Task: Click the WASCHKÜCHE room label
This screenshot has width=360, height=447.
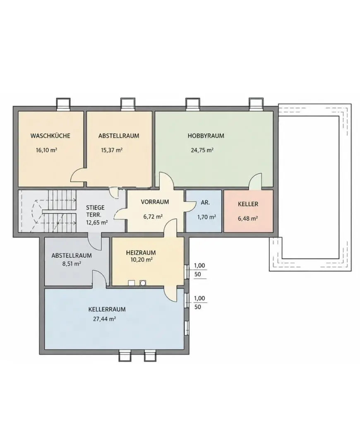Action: [x=50, y=136]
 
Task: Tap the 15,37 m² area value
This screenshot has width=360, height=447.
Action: [x=112, y=150]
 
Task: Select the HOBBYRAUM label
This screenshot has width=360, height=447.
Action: [x=206, y=136]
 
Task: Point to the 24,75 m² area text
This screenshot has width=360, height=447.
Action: [x=202, y=150]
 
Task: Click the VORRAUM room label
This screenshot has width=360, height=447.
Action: [x=155, y=202]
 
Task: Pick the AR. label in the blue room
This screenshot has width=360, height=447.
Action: [x=205, y=203]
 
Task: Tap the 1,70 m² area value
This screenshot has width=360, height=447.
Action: [x=206, y=217]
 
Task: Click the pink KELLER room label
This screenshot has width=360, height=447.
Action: [x=248, y=204]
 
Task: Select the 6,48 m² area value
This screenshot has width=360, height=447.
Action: [x=248, y=219]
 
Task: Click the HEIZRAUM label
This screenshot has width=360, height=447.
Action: [x=141, y=252]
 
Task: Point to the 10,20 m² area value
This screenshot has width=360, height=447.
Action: [x=141, y=260]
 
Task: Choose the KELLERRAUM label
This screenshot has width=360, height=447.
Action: [x=107, y=309]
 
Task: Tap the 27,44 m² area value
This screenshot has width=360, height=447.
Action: [x=104, y=319]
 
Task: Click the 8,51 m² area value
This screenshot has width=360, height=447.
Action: [x=72, y=264]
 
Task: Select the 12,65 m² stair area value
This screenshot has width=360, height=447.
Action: [x=97, y=222]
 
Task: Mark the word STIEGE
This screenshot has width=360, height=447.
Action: [x=95, y=207]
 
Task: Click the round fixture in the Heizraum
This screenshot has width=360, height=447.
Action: [x=143, y=283]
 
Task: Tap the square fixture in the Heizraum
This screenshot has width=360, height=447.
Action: [x=132, y=283]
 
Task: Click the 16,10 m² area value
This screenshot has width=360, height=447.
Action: [x=46, y=150]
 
